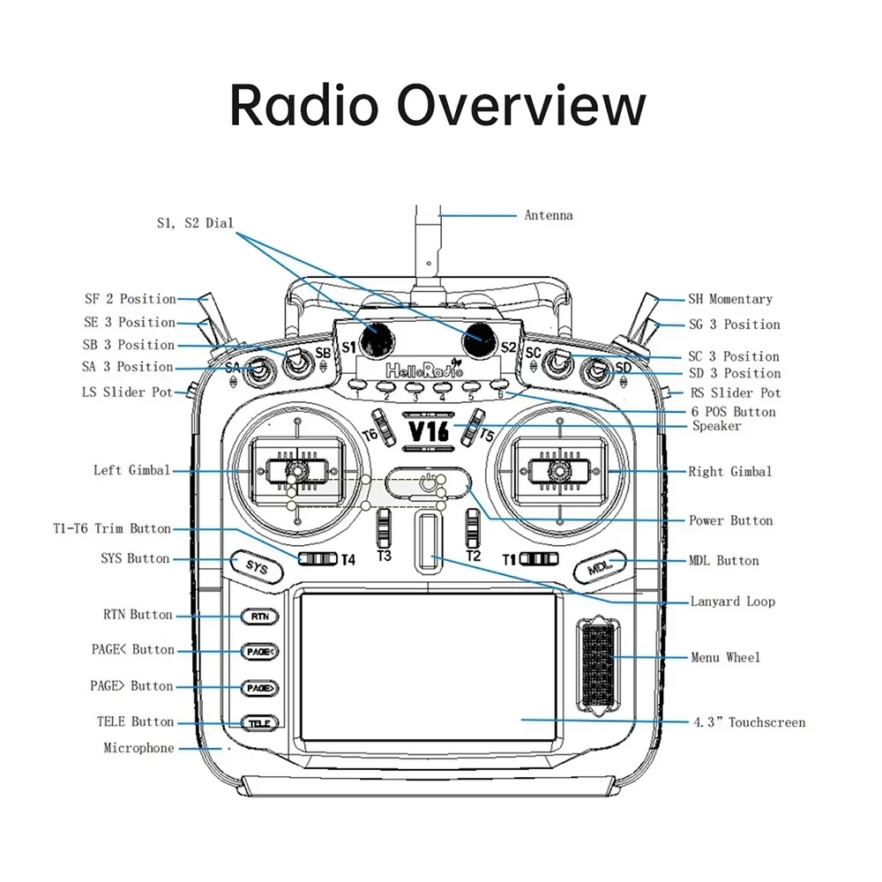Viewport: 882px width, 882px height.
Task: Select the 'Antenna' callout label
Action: (549, 215)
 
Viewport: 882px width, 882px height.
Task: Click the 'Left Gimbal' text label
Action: (131, 470)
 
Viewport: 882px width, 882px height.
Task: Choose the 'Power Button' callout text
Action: (730, 520)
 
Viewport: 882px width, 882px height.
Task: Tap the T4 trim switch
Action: (318, 558)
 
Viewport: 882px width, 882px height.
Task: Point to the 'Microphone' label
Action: (138, 748)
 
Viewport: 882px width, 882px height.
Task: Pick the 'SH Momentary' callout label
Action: (729, 299)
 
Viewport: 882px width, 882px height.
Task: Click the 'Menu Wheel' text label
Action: (724, 657)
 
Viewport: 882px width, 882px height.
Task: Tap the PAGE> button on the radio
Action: (259, 686)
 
